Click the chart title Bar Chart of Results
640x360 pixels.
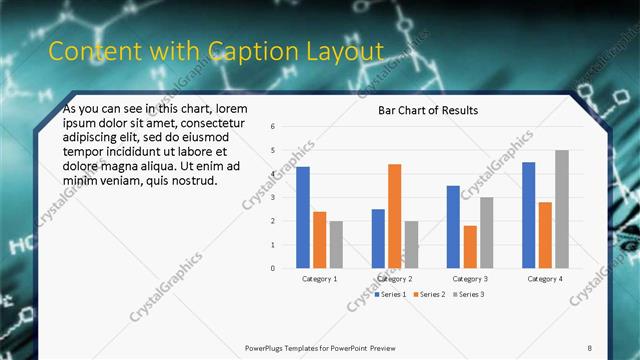click(x=427, y=110)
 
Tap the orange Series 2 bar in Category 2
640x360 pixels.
click(x=395, y=216)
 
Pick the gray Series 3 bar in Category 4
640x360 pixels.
click(x=562, y=209)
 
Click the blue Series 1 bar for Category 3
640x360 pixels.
click(x=453, y=227)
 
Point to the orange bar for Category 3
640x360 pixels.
click(x=470, y=247)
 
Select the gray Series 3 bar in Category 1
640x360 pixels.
click(x=336, y=244)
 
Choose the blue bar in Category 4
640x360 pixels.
click(x=529, y=215)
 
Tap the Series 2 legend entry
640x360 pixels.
click(x=429, y=294)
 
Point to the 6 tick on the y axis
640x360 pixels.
click(x=272, y=127)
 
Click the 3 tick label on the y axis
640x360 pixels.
click(x=272, y=198)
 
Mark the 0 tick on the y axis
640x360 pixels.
click(x=272, y=268)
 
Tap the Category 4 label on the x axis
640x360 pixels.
click(x=545, y=279)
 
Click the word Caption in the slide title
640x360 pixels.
click(x=246, y=51)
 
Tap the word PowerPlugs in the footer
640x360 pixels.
click(x=269, y=348)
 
